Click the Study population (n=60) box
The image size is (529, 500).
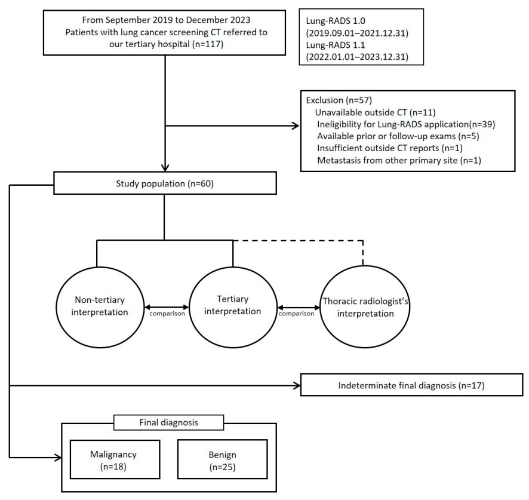[165, 183]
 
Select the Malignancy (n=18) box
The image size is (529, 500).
[115, 459]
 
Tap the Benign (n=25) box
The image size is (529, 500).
[222, 459]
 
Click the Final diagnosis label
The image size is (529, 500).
[169, 422]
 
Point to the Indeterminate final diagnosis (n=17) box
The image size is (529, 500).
[411, 385]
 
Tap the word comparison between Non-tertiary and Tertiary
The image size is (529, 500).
[167, 314]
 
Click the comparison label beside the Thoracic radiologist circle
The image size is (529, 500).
[297, 314]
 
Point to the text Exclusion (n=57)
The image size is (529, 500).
[339, 100]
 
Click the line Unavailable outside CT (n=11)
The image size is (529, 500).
[375, 112]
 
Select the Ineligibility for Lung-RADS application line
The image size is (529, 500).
[406, 124]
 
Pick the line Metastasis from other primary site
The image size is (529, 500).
[399, 160]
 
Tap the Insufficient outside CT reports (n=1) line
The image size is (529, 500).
[390, 148]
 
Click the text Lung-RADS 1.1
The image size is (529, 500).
[336, 45]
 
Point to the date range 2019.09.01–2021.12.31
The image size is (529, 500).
[357, 33]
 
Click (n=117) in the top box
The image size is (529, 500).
[208, 44]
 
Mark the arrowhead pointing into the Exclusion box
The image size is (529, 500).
[296, 126]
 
